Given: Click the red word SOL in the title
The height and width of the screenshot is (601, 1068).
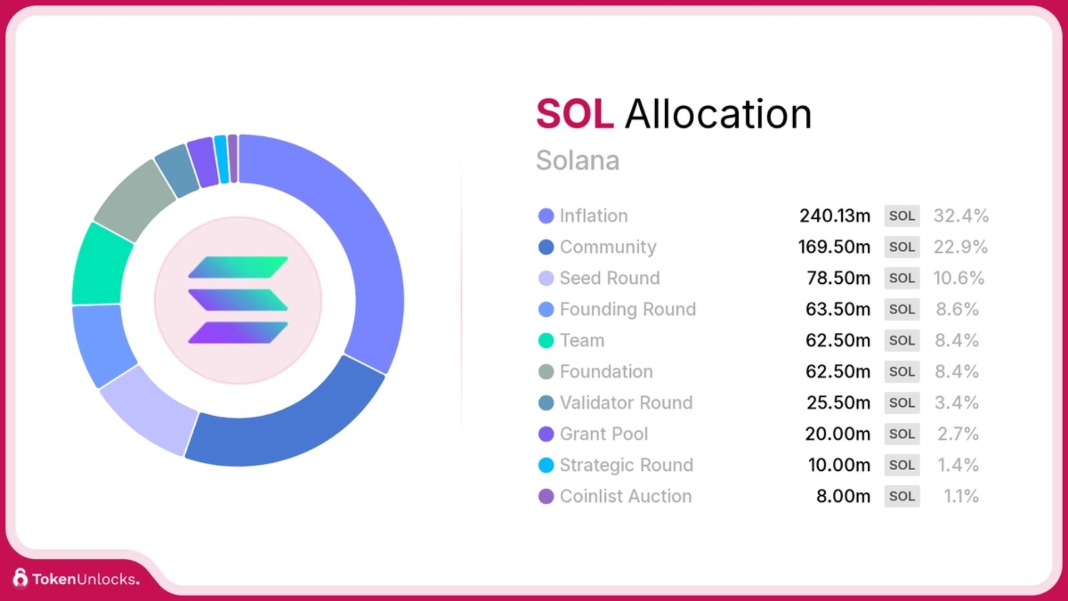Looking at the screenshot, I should (575, 114).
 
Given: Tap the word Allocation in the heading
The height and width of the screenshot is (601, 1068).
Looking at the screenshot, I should (718, 114).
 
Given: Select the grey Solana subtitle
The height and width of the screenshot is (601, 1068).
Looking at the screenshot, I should (577, 160).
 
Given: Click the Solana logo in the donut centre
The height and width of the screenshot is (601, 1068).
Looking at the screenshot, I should (238, 300).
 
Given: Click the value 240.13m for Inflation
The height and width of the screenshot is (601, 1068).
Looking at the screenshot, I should (834, 216).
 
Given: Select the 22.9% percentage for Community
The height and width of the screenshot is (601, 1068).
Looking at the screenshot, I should (960, 247).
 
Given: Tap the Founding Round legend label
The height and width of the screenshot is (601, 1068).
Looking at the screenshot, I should (627, 309).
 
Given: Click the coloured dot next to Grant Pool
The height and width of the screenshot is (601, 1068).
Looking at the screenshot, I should (546, 434).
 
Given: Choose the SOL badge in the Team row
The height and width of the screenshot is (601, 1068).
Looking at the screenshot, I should (902, 341).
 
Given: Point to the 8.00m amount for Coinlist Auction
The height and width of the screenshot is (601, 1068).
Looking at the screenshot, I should (843, 496).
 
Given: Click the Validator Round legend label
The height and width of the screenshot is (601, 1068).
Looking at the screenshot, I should (626, 403).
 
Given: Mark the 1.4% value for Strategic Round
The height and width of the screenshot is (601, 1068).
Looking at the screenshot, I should (958, 465).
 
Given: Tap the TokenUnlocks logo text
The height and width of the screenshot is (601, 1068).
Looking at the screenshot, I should (85, 579).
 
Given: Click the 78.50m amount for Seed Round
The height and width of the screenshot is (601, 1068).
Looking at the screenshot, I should (838, 278).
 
